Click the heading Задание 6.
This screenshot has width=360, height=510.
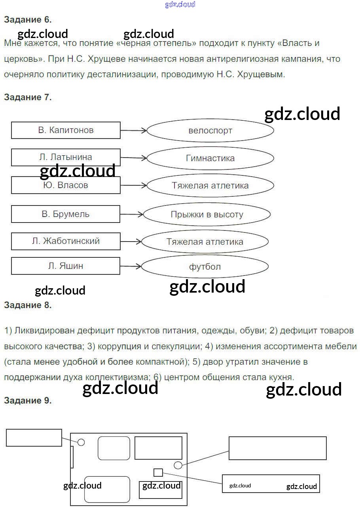(x=28, y=19)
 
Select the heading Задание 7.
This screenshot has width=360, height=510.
(x=28, y=97)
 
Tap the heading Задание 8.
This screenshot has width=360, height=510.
(x=28, y=305)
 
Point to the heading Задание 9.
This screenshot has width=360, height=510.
(x=28, y=400)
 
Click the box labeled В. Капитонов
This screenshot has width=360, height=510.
(x=66, y=130)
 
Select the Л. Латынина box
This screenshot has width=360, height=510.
(x=66, y=157)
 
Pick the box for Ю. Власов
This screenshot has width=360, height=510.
(x=66, y=185)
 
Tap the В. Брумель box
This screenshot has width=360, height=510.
(x=66, y=214)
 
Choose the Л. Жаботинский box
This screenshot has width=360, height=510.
(x=66, y=241)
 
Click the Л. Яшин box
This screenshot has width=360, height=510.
(x=66, y=266)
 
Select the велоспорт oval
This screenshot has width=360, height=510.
(x=210, y=130)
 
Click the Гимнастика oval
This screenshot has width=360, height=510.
(x=210, y=158)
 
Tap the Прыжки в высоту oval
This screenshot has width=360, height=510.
(x=207, y=215)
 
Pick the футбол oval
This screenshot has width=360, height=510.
(x=205, y=267)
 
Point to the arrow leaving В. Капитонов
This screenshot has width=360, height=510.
(x=133, y=130)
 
